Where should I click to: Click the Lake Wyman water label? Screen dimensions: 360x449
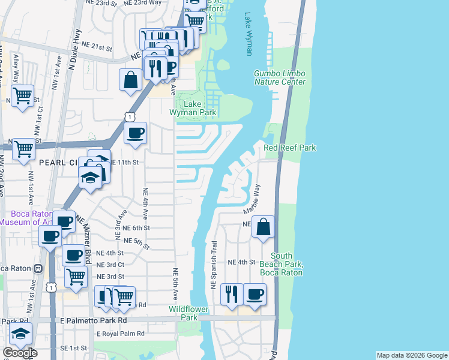coord(249,35)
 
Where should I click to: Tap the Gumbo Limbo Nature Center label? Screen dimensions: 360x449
coord(280,77)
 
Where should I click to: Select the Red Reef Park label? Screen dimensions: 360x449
coord(290,148)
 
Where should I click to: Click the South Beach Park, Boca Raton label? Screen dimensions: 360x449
coord(282,264)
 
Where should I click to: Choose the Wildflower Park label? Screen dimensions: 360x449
coord(188,313)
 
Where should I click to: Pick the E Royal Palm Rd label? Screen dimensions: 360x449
coord(121,333)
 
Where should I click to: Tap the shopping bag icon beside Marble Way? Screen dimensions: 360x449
coord(263,227)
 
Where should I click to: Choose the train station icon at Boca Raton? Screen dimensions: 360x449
coord(38,268)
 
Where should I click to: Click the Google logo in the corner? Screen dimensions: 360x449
coord(20,353)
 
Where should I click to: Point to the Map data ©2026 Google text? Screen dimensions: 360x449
coord(412,355)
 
